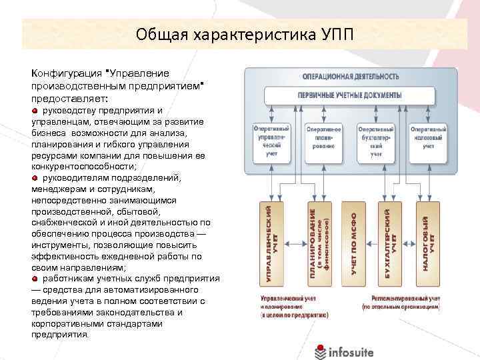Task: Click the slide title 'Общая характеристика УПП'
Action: (x=239, y=33)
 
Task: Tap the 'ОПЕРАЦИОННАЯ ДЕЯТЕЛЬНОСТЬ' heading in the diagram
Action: (x=350, y=76)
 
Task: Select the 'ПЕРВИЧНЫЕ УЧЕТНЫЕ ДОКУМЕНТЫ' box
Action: (x=350, y=95)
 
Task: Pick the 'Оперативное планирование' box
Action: (x=323, y=143)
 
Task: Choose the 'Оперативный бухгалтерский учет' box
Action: (x=375, y=143)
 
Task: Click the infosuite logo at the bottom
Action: (x=345, y=349)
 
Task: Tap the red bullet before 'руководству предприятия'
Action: (x=35, y=110)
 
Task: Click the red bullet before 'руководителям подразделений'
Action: (x=35, y=178)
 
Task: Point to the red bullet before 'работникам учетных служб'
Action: (x=35, y=278)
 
